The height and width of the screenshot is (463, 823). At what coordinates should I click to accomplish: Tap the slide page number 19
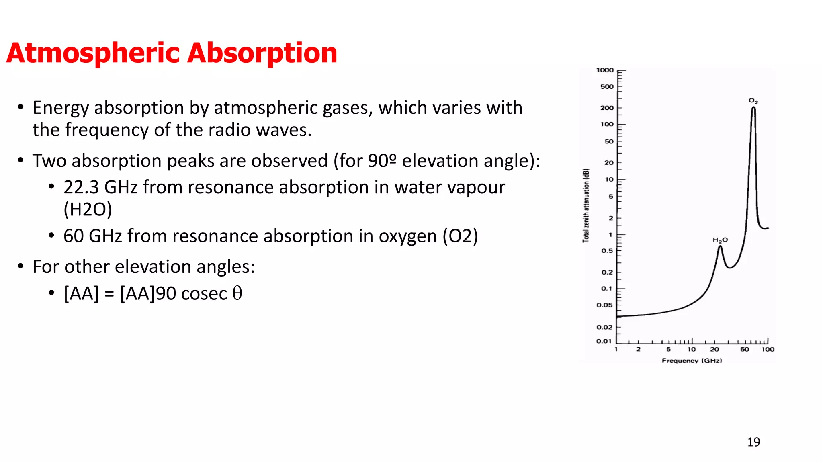click(x=753, y=442)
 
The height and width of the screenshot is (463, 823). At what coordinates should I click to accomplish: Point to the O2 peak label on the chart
click(x=753, y=101)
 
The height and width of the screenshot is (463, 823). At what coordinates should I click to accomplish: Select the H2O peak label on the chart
click(x=720, y=240)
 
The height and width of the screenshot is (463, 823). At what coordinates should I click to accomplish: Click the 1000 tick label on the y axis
click(x=605, y=70)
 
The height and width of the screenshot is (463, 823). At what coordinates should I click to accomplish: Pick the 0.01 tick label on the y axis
click(x=604, y=341)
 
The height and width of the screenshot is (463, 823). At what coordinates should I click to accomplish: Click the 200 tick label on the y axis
click(x=607, y=108)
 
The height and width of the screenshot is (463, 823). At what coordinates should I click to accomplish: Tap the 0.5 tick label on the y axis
click(x=607, y=251)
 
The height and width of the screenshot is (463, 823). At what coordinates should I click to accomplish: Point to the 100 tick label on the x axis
click(x=768, y=349)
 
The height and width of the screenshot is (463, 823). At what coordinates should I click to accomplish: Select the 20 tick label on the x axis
click(x=714, y=349)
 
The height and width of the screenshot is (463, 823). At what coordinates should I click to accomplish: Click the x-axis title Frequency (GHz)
click(x=692, y=361)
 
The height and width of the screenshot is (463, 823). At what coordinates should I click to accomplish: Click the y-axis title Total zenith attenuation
click(x=586, y=205)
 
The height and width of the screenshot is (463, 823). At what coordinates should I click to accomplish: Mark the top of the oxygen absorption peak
click(x=753, y=108)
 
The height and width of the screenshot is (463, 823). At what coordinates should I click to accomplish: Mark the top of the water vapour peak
click(x=720, y=246)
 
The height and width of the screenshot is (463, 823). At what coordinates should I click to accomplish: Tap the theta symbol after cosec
click(x=237, y=293)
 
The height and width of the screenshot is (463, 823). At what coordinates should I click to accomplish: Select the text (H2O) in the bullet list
click(x=88, y=209)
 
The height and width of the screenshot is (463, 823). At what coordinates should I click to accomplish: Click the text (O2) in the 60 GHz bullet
click(x=460, y=236)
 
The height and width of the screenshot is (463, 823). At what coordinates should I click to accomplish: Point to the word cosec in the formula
click(x=204, y=294)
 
